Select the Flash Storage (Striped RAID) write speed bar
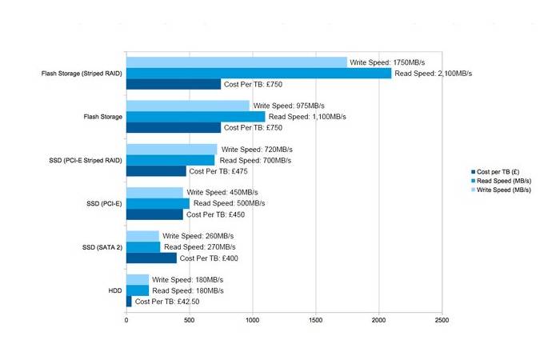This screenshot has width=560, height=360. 237,62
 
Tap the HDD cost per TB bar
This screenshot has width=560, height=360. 129,301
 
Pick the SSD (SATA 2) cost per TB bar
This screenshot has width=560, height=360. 151,258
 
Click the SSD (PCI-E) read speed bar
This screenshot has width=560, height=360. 158,203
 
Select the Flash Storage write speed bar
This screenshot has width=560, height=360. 188,106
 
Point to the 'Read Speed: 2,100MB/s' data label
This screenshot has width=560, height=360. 433,73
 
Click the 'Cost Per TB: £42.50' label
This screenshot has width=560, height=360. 167,301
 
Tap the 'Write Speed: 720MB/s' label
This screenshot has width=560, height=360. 257,149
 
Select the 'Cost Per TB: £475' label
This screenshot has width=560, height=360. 223,170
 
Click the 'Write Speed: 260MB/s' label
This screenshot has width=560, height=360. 198,236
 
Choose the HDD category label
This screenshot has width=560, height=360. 114,290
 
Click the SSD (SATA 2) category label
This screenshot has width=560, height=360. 102,247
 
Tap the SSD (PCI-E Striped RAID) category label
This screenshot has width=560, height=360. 84,160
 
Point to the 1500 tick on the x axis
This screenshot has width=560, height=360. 315,321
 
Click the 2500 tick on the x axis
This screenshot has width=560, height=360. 441,321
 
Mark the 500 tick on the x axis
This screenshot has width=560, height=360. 189,321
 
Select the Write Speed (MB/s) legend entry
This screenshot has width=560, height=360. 502,190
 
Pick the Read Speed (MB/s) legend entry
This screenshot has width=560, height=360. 502,182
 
